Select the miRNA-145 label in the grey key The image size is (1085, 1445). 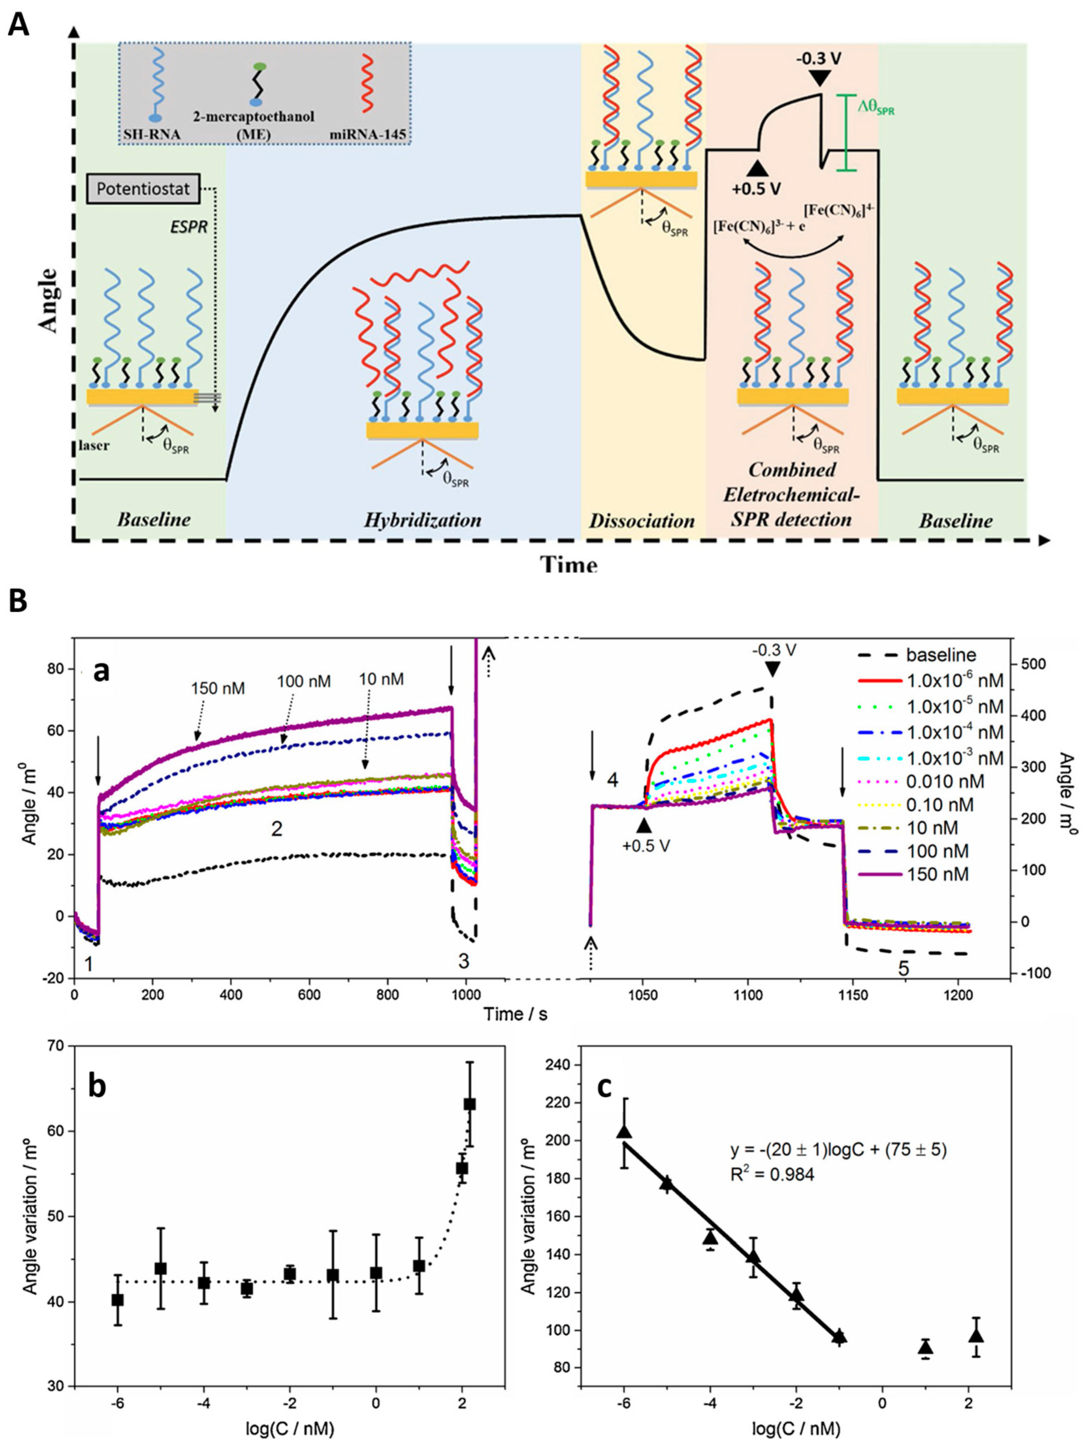pos(369,135)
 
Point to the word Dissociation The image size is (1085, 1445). pos(642,521)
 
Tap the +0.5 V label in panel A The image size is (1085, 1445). pos(757,189)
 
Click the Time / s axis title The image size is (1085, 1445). pos(515,1014)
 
